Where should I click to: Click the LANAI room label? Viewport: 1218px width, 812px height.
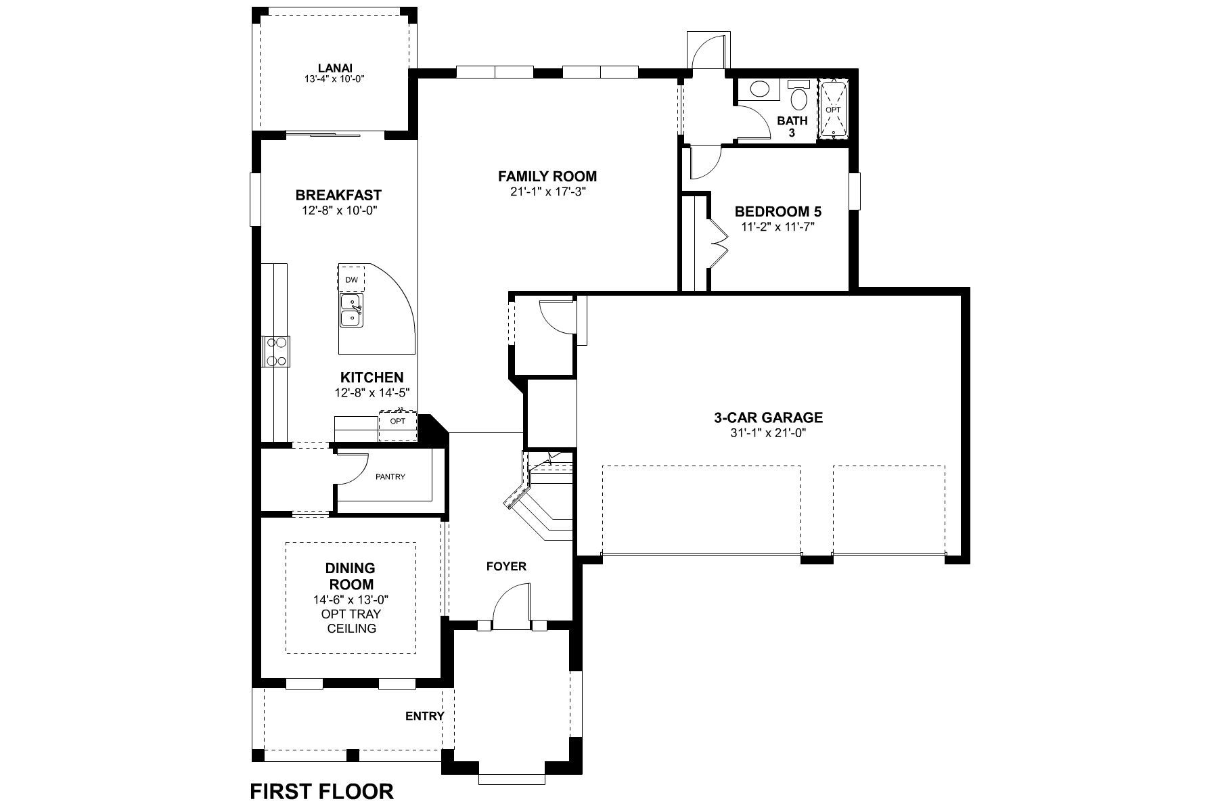(335, 68)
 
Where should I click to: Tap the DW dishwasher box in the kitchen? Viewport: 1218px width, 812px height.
(351, 279)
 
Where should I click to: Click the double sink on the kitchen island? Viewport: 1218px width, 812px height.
(351, 310)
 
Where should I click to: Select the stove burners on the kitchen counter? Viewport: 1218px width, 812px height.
(275, 352)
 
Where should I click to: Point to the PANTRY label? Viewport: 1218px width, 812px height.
(390, 477)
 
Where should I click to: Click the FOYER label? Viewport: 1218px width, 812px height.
(506, 566)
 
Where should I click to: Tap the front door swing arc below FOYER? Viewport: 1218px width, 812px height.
(509, 604)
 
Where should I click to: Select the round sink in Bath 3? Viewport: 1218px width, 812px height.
(761, 89)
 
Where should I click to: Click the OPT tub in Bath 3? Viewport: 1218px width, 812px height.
(832, 109)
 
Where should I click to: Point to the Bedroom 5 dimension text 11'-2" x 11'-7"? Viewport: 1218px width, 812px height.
(777, 227)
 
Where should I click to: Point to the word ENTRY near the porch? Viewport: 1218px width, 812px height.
(424, 716)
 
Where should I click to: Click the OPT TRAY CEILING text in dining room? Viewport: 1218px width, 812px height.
(351, 621)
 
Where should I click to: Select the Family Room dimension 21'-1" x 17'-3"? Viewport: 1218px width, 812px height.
(547, 191)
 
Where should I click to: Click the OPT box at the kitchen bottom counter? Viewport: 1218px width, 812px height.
(398, 422)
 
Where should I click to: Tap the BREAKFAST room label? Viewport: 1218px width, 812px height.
(338, 196)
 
